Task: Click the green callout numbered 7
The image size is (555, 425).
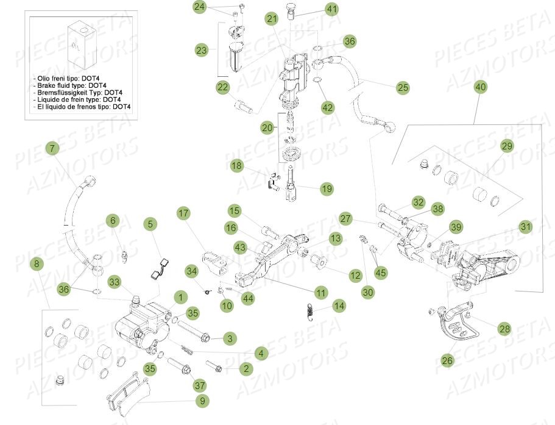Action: coord(52,148)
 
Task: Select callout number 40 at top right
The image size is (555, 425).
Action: coord(481,87)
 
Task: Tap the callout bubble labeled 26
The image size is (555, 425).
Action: coord(447,360)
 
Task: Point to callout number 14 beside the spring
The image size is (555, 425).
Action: coord(339,305)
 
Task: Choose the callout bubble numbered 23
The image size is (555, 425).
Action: coord(202,50)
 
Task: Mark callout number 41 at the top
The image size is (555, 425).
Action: coord(331,10)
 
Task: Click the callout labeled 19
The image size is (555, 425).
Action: coord(327,189)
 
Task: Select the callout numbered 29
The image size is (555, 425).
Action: coord(507,146)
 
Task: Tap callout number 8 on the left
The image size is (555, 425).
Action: coord(37,264)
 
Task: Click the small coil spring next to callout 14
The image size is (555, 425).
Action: coord(310,310)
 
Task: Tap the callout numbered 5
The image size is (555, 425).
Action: coord(150,224)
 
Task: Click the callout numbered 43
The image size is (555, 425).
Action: coord(239,248)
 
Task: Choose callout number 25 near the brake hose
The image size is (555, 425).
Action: coord(403,88)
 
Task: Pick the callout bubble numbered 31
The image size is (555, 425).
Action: coord(526,226)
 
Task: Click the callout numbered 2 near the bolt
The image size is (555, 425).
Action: coord(246,368)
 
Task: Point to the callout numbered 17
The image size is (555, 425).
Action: coord(184,213)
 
